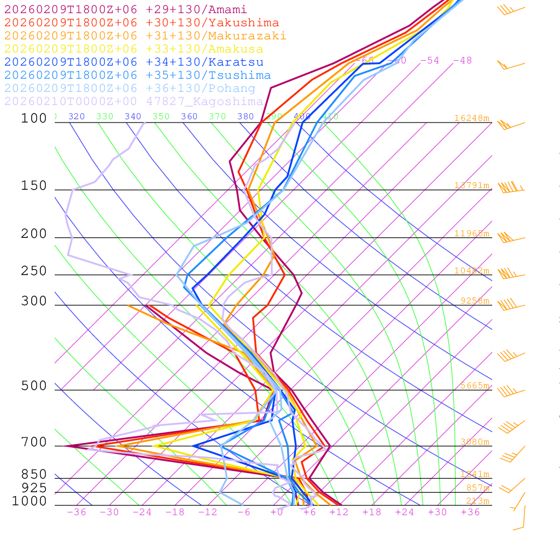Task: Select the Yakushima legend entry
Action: [x=141, y=23]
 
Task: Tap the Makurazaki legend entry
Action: [x=145, y=36]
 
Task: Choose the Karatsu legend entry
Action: [x=133, y=62]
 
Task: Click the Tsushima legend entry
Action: [x=137, y=75]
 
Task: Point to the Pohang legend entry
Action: [x=130, y=89]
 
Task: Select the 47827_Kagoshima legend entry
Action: [x=133, y=102]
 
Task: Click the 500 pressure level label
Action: [x=34, y=386]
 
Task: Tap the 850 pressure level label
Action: [x=34, y=475]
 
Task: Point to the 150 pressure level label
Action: [x=34, y=186]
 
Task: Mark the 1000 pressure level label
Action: [x=30, y=501]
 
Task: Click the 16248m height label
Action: [x=471, y=118]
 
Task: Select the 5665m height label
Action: [x=474, y=386]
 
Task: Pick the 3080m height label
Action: [x=474, y=442]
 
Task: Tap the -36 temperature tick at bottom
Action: [x=76, y=512]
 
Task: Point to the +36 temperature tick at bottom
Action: [x=470, y=512]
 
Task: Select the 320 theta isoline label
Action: [x=77, y=116]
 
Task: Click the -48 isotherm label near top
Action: [x=462, y=61]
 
